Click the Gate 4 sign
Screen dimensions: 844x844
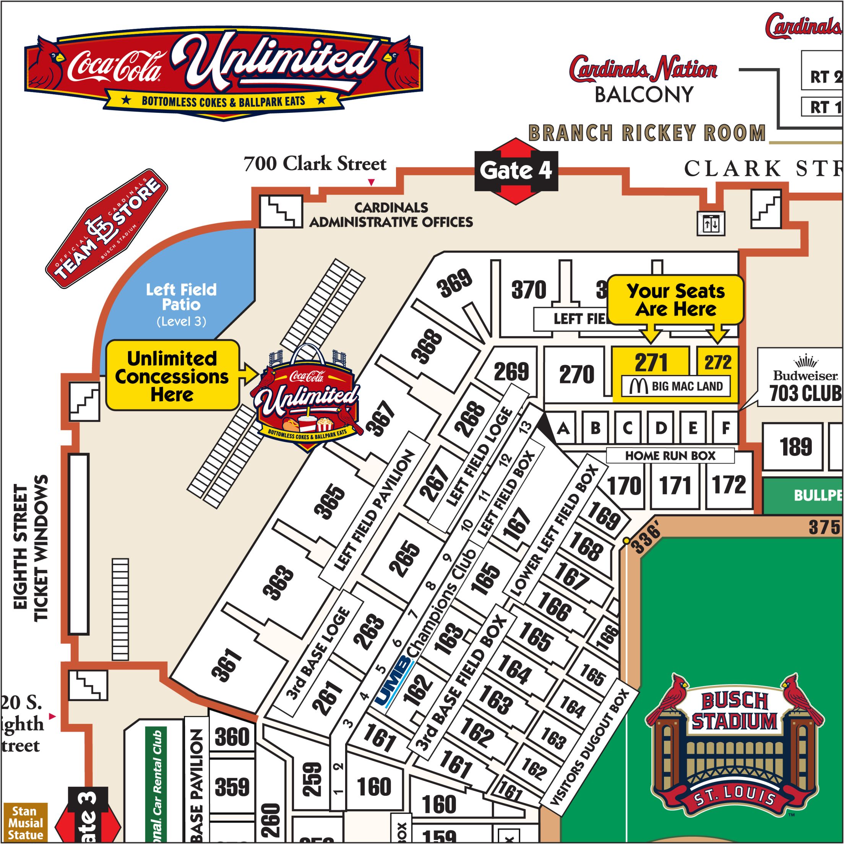pyautogui.click(x=516, y=171)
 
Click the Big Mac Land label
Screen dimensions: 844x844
pyautogui.click(x=676, y=386)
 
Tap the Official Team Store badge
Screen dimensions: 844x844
pyautogui.click(x=107, y=229)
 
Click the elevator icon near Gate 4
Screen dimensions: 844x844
pyautogui.click(x=711, y=224)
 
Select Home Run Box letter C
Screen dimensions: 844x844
pyautogui.click(x=628, y=428)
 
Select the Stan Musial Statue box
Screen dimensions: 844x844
pyautogui.click(x=25, y=823)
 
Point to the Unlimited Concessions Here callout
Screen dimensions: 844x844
pyautogui.click(x=172, y=376)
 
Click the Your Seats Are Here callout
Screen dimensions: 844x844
pyautogui.click(x=675, y=300)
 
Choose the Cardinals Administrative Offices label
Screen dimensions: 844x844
pyautogui.click(x=391, y=215)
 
